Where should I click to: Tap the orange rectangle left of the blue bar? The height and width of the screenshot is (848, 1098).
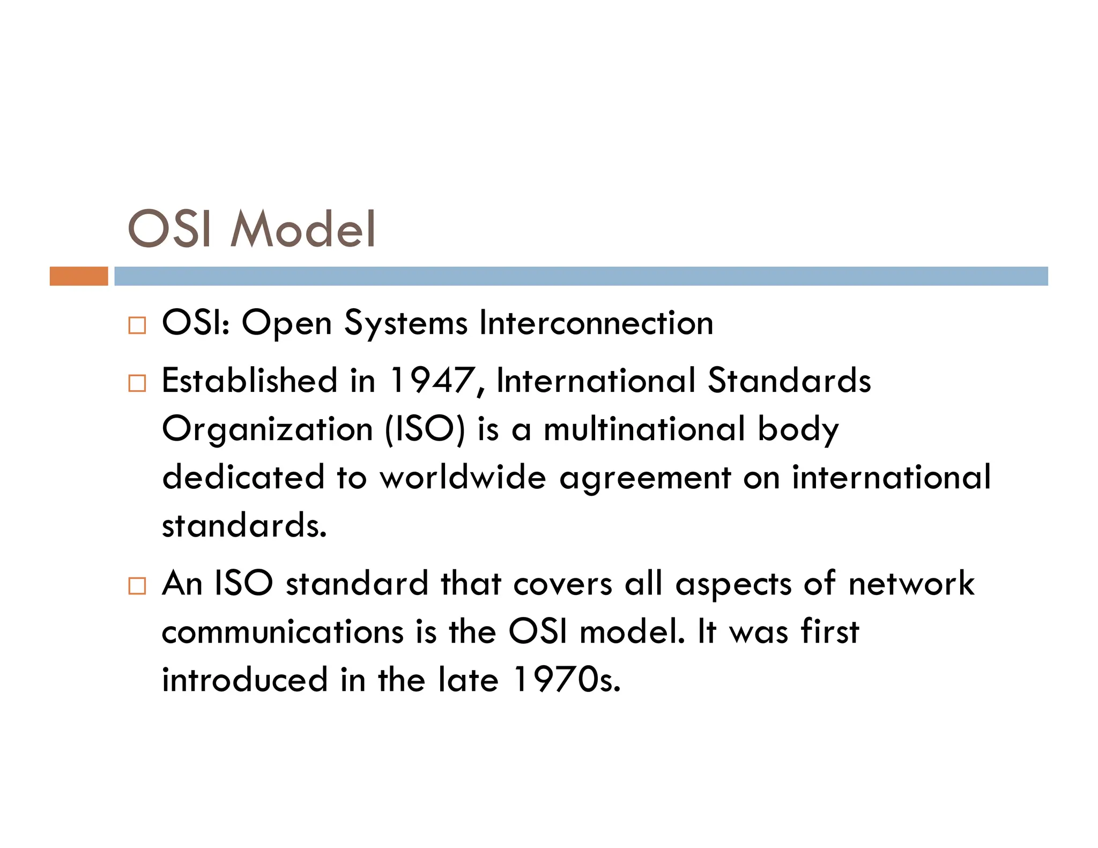(79, 276)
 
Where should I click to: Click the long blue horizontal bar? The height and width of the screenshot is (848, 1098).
(581, 276)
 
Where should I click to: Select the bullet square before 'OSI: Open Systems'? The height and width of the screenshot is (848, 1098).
(137, 325)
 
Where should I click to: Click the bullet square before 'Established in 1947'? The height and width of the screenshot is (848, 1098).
(137, 383)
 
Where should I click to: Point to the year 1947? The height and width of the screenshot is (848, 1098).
(432, 381)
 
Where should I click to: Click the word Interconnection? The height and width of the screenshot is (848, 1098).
(596, 323)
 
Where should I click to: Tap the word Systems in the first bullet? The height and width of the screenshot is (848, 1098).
(406, 324)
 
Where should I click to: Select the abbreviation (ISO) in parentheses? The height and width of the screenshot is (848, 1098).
(425, 429)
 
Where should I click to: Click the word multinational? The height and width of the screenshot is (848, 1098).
(644, 429)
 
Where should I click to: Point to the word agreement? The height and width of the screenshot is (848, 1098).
(645, 478)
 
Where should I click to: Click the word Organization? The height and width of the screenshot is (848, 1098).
(268, 430)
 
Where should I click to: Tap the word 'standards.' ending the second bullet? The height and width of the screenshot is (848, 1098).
(244, 525)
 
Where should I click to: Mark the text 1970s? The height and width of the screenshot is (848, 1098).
(567, 680)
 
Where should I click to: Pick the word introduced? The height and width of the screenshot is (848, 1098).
(244, 680)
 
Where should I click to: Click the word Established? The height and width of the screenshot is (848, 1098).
(250, 381)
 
